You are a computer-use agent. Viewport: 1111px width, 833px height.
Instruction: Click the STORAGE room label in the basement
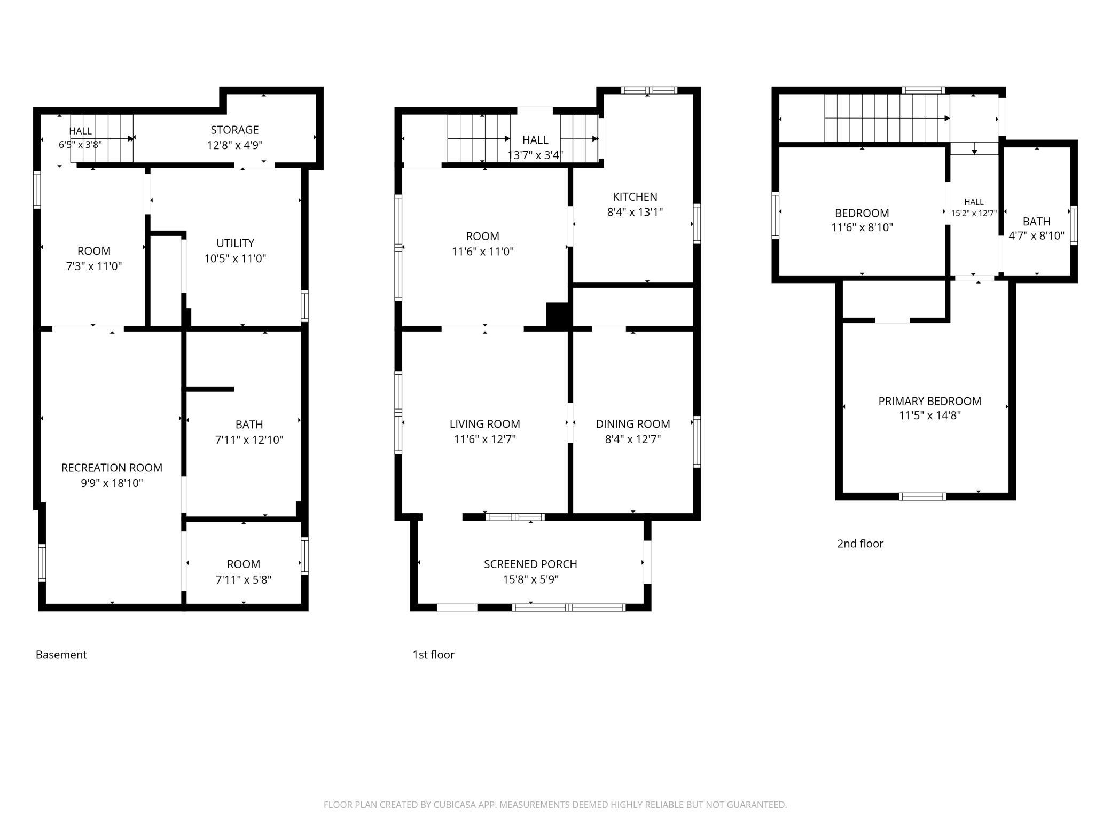coord(234,130)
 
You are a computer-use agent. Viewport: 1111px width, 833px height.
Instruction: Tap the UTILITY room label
coord(235,243)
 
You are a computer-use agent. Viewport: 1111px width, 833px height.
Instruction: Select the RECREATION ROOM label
coord(112,468)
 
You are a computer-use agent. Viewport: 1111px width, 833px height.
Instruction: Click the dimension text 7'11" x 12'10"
coord(249,439)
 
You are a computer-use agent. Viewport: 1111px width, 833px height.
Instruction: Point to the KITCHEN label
coord(635,197)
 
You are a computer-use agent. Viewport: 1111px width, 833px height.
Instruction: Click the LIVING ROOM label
coord(484,424)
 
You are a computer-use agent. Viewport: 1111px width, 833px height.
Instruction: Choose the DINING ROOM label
coord(633,424)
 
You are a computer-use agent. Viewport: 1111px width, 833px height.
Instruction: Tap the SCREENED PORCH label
coord(530,564)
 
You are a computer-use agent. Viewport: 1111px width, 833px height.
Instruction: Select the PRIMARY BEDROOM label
coord(929,401)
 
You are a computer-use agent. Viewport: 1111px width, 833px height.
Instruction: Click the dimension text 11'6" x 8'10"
coord(862,227)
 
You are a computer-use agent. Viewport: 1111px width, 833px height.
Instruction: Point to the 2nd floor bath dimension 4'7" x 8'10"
coord(1036,235)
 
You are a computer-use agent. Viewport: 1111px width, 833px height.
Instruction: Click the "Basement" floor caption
coord(61,655)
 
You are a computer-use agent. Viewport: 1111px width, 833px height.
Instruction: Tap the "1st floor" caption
coord(433,655)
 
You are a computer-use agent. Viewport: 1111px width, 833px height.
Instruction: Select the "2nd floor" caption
coord(860,544)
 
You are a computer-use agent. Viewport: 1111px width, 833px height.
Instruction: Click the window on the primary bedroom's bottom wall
coord(922,497)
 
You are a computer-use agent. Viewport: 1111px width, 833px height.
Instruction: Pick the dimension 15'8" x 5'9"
coord(530,579)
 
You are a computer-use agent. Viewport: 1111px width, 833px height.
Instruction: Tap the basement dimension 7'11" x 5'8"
coord(244,579)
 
